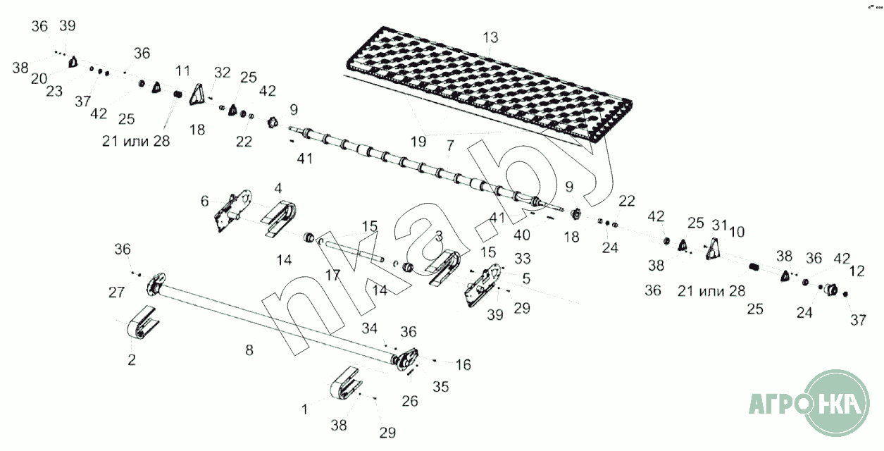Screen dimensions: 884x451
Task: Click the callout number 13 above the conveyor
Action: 490,37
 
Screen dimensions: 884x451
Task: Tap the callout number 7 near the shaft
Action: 450,145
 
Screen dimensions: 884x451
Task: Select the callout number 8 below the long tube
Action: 249,350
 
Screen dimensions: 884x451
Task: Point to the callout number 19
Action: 418,141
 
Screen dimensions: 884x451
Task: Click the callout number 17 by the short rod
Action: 332,275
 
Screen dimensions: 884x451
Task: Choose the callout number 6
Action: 204,201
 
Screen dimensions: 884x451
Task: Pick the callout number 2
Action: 132,359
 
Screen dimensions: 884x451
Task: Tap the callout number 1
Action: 304,409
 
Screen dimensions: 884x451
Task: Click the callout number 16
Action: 463,365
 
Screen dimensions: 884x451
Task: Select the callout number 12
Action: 857,271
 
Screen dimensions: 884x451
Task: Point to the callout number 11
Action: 182,71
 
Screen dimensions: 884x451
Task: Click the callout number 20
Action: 39,79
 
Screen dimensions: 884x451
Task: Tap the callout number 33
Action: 523,259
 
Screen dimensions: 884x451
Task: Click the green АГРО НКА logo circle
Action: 836,403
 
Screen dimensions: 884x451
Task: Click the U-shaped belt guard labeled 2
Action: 142,323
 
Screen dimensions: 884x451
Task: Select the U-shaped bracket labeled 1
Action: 346,383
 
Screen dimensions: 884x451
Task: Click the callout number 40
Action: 522,235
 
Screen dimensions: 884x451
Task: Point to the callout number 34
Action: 370,328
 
